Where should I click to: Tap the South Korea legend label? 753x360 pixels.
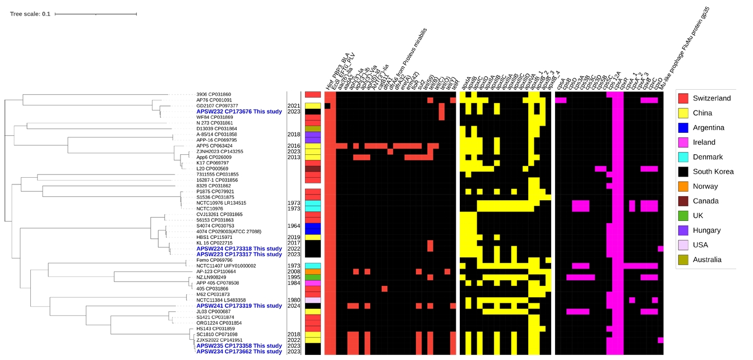click(713, 172)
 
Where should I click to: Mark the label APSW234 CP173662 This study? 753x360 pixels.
click(239, 352)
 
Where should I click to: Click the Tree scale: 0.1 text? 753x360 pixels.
click(30, 13)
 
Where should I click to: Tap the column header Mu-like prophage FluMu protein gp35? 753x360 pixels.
click(695, 59)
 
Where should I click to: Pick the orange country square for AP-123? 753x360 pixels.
click(312, 271)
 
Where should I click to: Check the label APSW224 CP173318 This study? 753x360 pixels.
click(239, 248)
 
